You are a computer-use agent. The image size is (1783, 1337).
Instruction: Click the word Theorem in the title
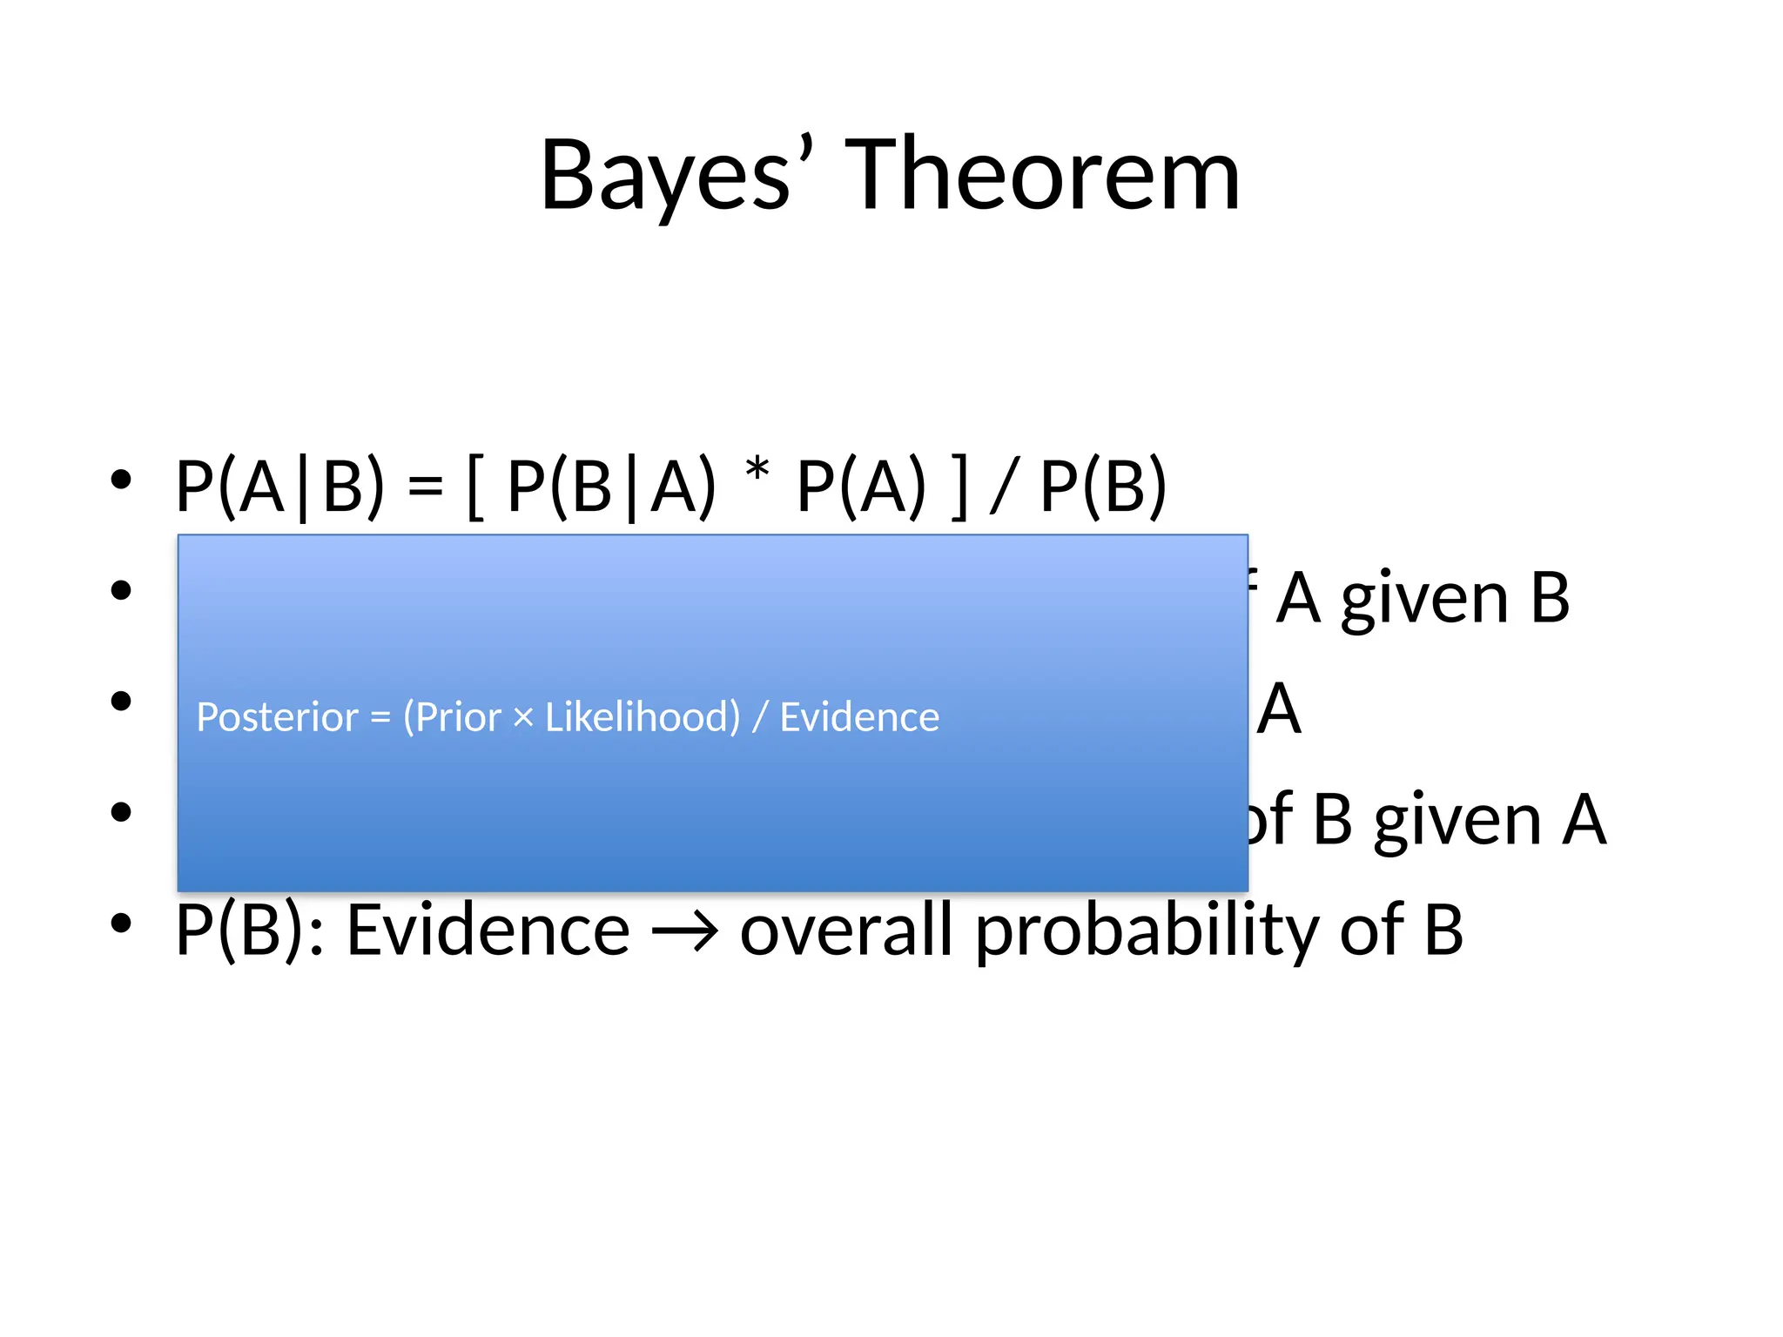click(x=1042, y=177)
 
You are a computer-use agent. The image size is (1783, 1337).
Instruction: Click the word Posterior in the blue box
click(x=277, y=717)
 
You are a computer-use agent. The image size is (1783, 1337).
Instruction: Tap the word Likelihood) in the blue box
click(x=643, y=717)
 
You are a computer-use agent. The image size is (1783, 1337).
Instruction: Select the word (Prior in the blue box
click(x=452, y=717)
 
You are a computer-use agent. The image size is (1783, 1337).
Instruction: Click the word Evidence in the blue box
click(x=859, y=717)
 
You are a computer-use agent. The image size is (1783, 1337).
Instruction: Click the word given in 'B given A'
click(x=1457, y=821)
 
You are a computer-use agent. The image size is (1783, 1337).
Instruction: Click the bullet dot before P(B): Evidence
click(x=121, y=923)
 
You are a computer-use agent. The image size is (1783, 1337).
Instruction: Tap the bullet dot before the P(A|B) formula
click(x=121, y=479)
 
